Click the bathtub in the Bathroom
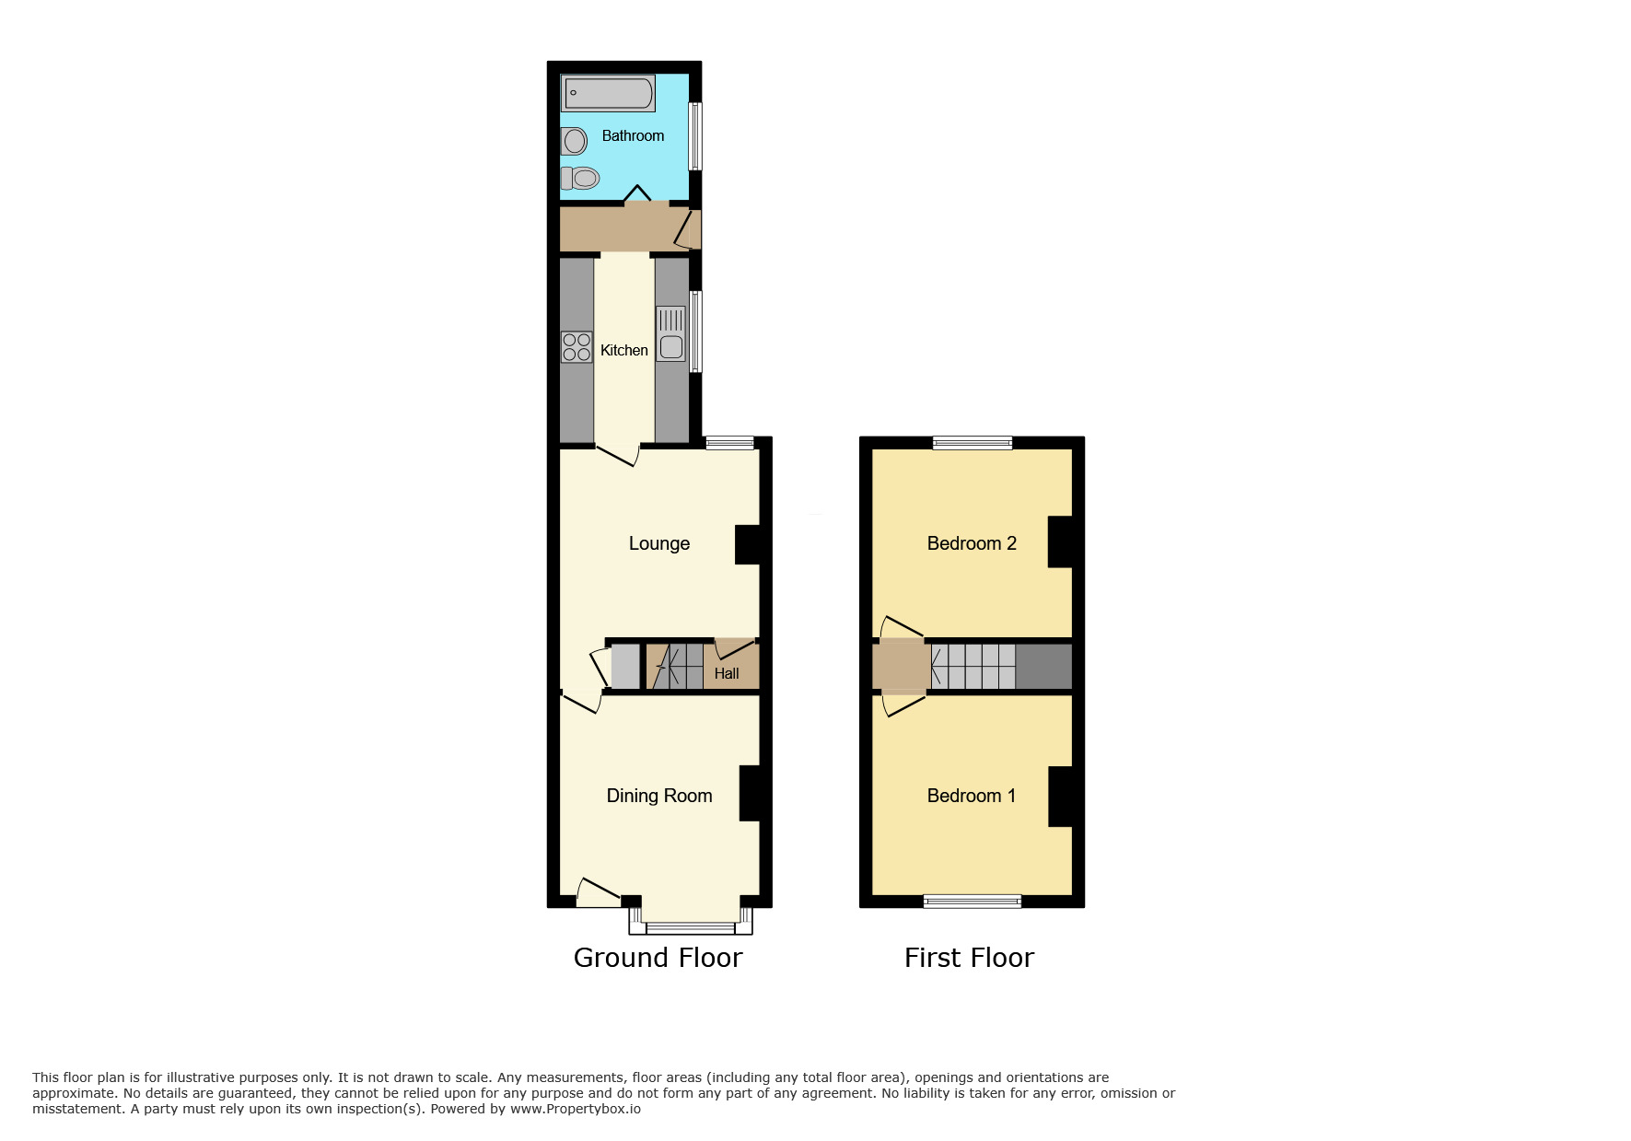point(609,93)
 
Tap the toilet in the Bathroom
point(580,178)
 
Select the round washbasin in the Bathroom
point(576,142)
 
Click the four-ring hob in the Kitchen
point(577,347)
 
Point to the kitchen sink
point(671,333)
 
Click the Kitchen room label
point(624,350)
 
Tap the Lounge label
point(659,543)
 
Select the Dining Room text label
point(659,796)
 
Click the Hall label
point(727,673)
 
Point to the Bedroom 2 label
point(972,543)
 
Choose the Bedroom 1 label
point(972,796)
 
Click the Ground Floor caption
point(658,958)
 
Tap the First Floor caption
point(969,958)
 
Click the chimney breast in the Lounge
point(748,544)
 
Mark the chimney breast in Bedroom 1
point(1061,796)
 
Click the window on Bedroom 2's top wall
point(973,443)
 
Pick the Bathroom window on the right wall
point(696,136)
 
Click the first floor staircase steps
point(973,667)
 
